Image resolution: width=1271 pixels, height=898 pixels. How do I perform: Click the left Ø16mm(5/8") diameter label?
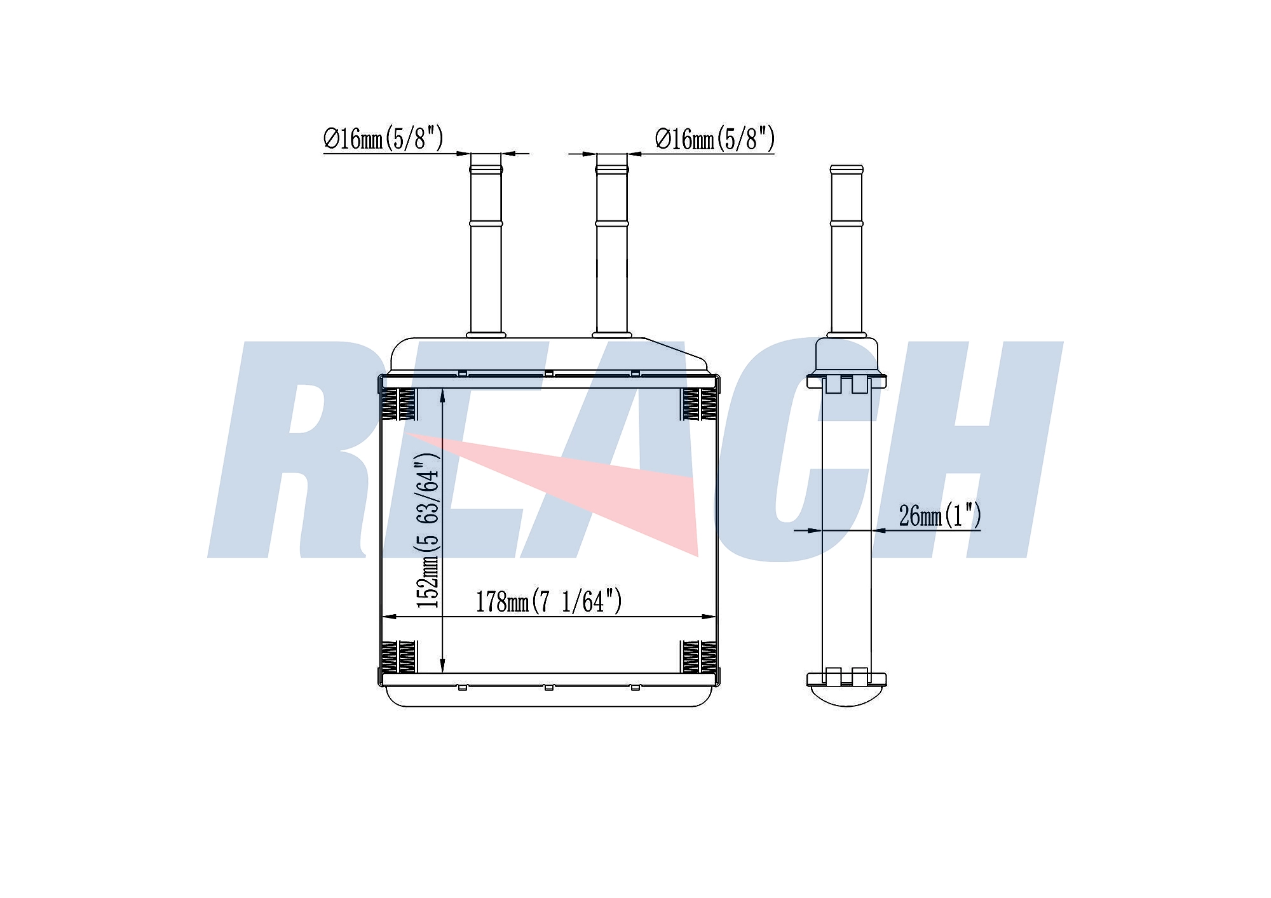click(383, 138)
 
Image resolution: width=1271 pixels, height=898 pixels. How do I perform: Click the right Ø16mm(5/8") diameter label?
click(715, 138)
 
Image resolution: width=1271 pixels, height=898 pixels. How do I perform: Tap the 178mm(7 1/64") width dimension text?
click(548, 601)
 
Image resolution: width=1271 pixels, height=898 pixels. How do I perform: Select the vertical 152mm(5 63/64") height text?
click(428, 530)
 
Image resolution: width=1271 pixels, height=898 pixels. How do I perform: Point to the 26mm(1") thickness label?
click(940, 515)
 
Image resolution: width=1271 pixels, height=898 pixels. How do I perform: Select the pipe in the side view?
click(846, 250)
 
